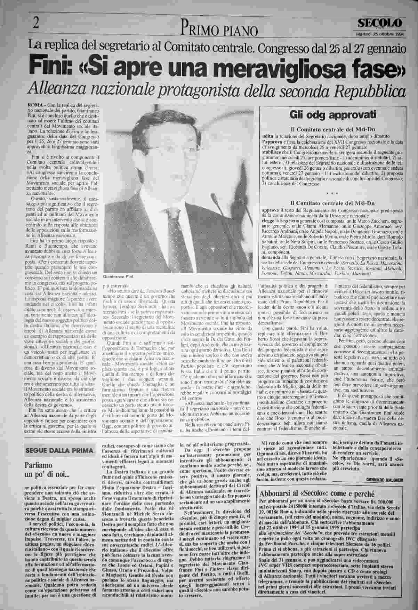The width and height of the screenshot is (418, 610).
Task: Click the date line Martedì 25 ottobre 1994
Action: (x=380, y=34)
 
